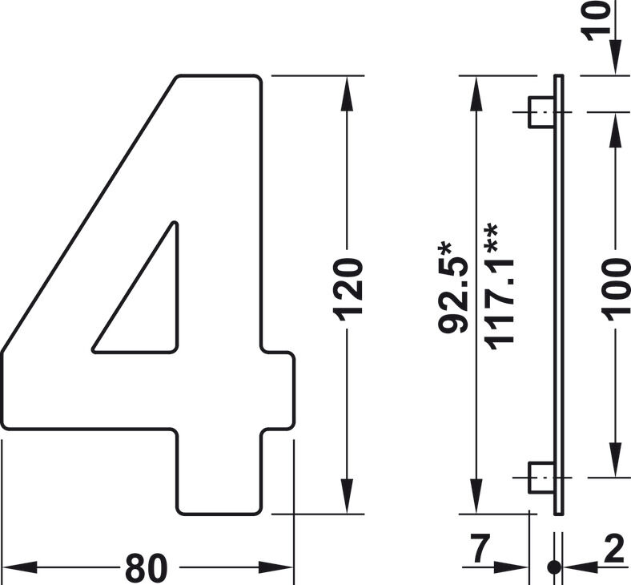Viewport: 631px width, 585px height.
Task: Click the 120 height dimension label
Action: tap(348, 290)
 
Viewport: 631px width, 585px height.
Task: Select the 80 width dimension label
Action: tap(146, 567)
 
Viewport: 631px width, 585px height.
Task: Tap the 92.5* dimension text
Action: tap(453, 288)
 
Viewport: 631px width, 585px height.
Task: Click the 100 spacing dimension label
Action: tap(616, 287)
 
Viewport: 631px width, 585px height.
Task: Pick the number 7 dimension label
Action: tap(481, 548)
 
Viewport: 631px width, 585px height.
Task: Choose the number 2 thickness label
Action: tap(614, 548)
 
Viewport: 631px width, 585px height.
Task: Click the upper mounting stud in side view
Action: tap(541, 112)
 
